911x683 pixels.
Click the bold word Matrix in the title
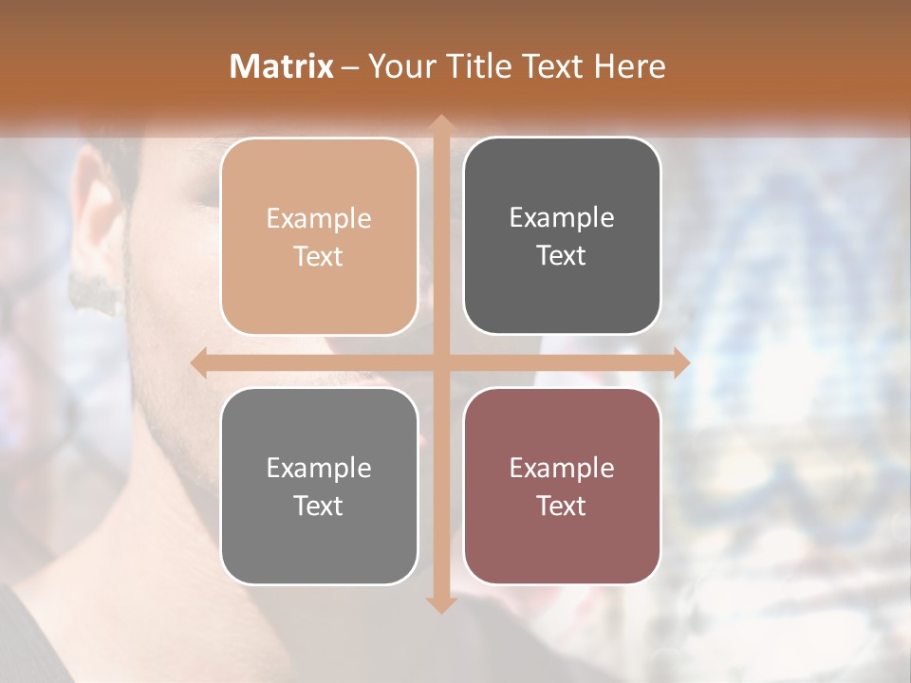tap(282, 66)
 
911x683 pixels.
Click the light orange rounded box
tap(319, 236)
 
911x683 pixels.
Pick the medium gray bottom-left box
tap(319, 486)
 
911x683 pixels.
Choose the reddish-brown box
tap(562, 486)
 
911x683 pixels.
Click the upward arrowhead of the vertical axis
tap(439, 124)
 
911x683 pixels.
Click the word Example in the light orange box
tap(319, 219)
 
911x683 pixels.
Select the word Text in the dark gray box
tap(562, 255)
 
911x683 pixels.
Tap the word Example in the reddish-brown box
tap(562, 468)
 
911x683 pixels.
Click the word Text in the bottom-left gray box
tap(319, 506)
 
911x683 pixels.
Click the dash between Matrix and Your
tap(351, 67)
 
